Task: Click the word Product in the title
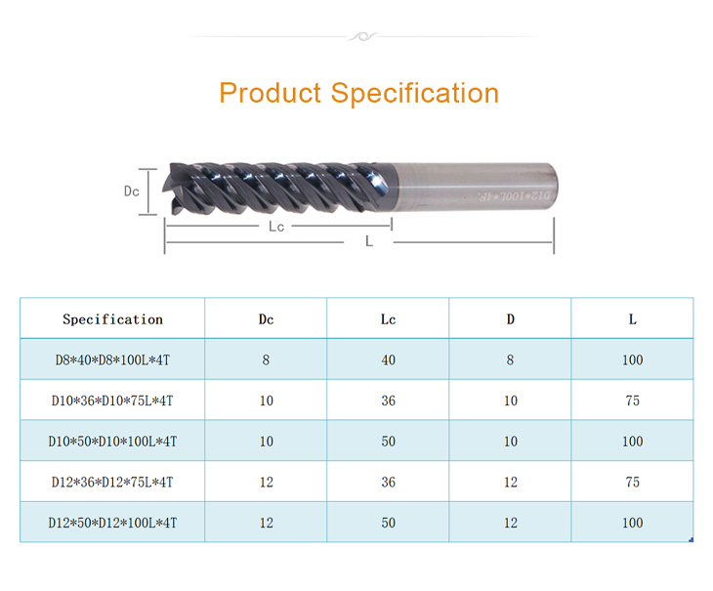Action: [x=271, y=93]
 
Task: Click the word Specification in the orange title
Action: [x=415, y=94]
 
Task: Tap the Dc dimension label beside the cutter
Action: [x=132, y=191]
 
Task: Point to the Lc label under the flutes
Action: [x=276, y=227]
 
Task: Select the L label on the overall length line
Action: [x=369, y=241]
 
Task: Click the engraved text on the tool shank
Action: [x=514, y=196]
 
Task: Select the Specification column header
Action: [x=112, y=319]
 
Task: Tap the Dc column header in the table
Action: [x=266, y=319]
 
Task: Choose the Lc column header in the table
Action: [x=388, y=319]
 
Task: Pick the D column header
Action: [x=510, y=319]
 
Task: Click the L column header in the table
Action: [x=633, y=319]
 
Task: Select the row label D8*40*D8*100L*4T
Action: [x=112, y=360]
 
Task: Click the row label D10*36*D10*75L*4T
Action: [x=112, y=401]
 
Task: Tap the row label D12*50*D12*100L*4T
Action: [x=112, y=523]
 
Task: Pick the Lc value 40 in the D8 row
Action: [x=388, y=360]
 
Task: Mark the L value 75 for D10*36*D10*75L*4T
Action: [x=633, y=401]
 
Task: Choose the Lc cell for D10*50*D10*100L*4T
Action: [x=388, y=441]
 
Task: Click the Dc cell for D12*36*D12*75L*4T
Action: [x=266, y=482]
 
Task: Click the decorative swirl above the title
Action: [x=362, y=36]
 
